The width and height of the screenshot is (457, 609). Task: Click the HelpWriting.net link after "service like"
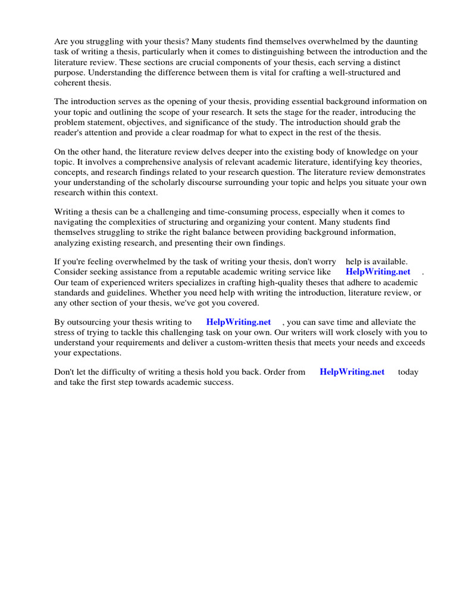click(x=378, y=272)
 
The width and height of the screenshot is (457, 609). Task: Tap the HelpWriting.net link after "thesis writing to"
click(x=238, y=322)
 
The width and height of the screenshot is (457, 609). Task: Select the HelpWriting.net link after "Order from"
click(x=352, y=372)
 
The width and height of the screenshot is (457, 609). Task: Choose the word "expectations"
click(x=96, y=352)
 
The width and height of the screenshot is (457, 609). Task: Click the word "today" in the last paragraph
click(x=408, y=372)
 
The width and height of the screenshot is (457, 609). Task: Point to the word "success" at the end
click(x=217, y=382)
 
